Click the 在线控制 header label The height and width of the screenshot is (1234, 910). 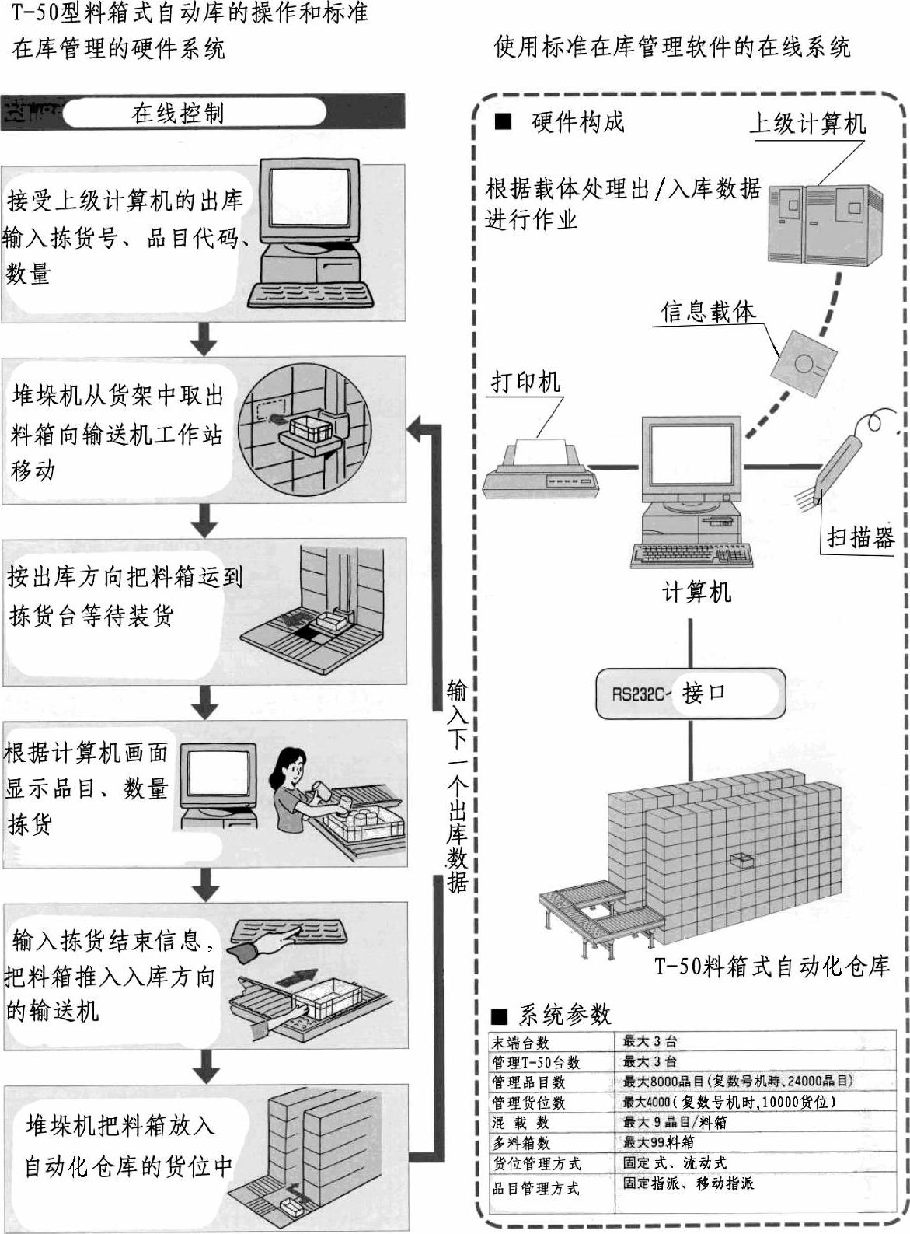point(178,114)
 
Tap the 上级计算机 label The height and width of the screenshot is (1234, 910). point(807,123)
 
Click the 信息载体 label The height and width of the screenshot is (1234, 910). point(708,312)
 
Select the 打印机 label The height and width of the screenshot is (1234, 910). point(525,382)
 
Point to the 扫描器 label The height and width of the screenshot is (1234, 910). point(860,537)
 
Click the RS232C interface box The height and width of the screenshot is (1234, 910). point(691,693)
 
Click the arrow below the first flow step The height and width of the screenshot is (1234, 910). point(204,339)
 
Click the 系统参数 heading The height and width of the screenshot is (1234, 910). point(564,1014)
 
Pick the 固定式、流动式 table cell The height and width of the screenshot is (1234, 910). point(675,1162)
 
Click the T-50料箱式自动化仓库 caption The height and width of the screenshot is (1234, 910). point(772,966)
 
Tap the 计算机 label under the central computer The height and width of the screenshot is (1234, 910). point(696,593)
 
